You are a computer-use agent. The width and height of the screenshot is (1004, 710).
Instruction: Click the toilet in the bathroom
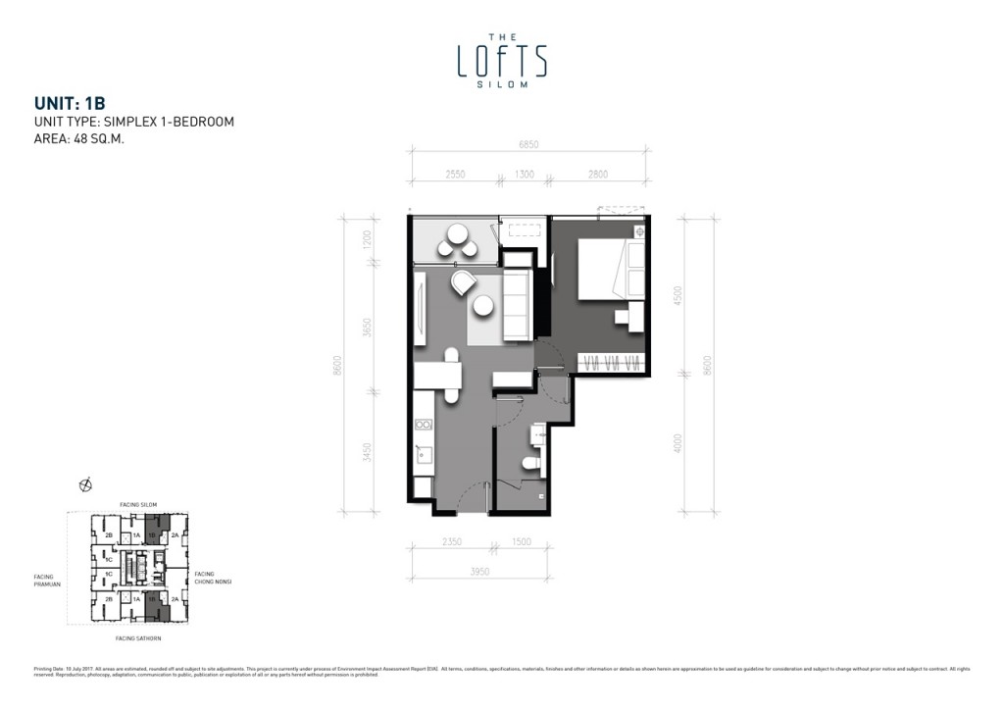pyautogui.click(x=530, y=463)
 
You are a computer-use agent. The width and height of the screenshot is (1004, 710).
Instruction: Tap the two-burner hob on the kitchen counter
pyautogui.click(x=424, y=425)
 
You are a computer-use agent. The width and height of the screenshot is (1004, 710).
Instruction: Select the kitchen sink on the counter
pyautogui.click(x=423, y=454)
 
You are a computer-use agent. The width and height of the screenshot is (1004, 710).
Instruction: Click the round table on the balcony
pyautogui.click(x=457, y=235)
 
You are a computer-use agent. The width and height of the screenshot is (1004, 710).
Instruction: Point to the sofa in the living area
pyautogui.click(x=516, y=307)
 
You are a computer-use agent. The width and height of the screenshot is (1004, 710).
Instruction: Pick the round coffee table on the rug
pyautogui.click(x=482, y=306)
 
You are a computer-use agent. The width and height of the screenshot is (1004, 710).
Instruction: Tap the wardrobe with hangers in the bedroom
pyautogui.click(x=612, y=361)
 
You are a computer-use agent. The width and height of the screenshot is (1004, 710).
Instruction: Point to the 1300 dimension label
pyautogui.click(x=524, y=174)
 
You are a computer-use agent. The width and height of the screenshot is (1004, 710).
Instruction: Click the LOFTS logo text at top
pyautogui.click(x=502, y=61)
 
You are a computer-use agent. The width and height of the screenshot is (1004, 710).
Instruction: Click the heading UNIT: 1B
pyautogui.click(x=69, y=102)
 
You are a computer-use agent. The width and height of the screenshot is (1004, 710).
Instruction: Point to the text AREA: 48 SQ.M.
pyautogui.click(x=78, y=139)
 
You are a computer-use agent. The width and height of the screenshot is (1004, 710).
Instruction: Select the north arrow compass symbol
pyautogui.click(x=85, y=483)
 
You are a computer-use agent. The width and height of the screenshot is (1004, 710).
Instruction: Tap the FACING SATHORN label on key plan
pyautogui.click(x=137, y=638)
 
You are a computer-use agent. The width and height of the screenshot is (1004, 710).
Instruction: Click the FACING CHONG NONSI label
pyautogui.click(x=212, y=578)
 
